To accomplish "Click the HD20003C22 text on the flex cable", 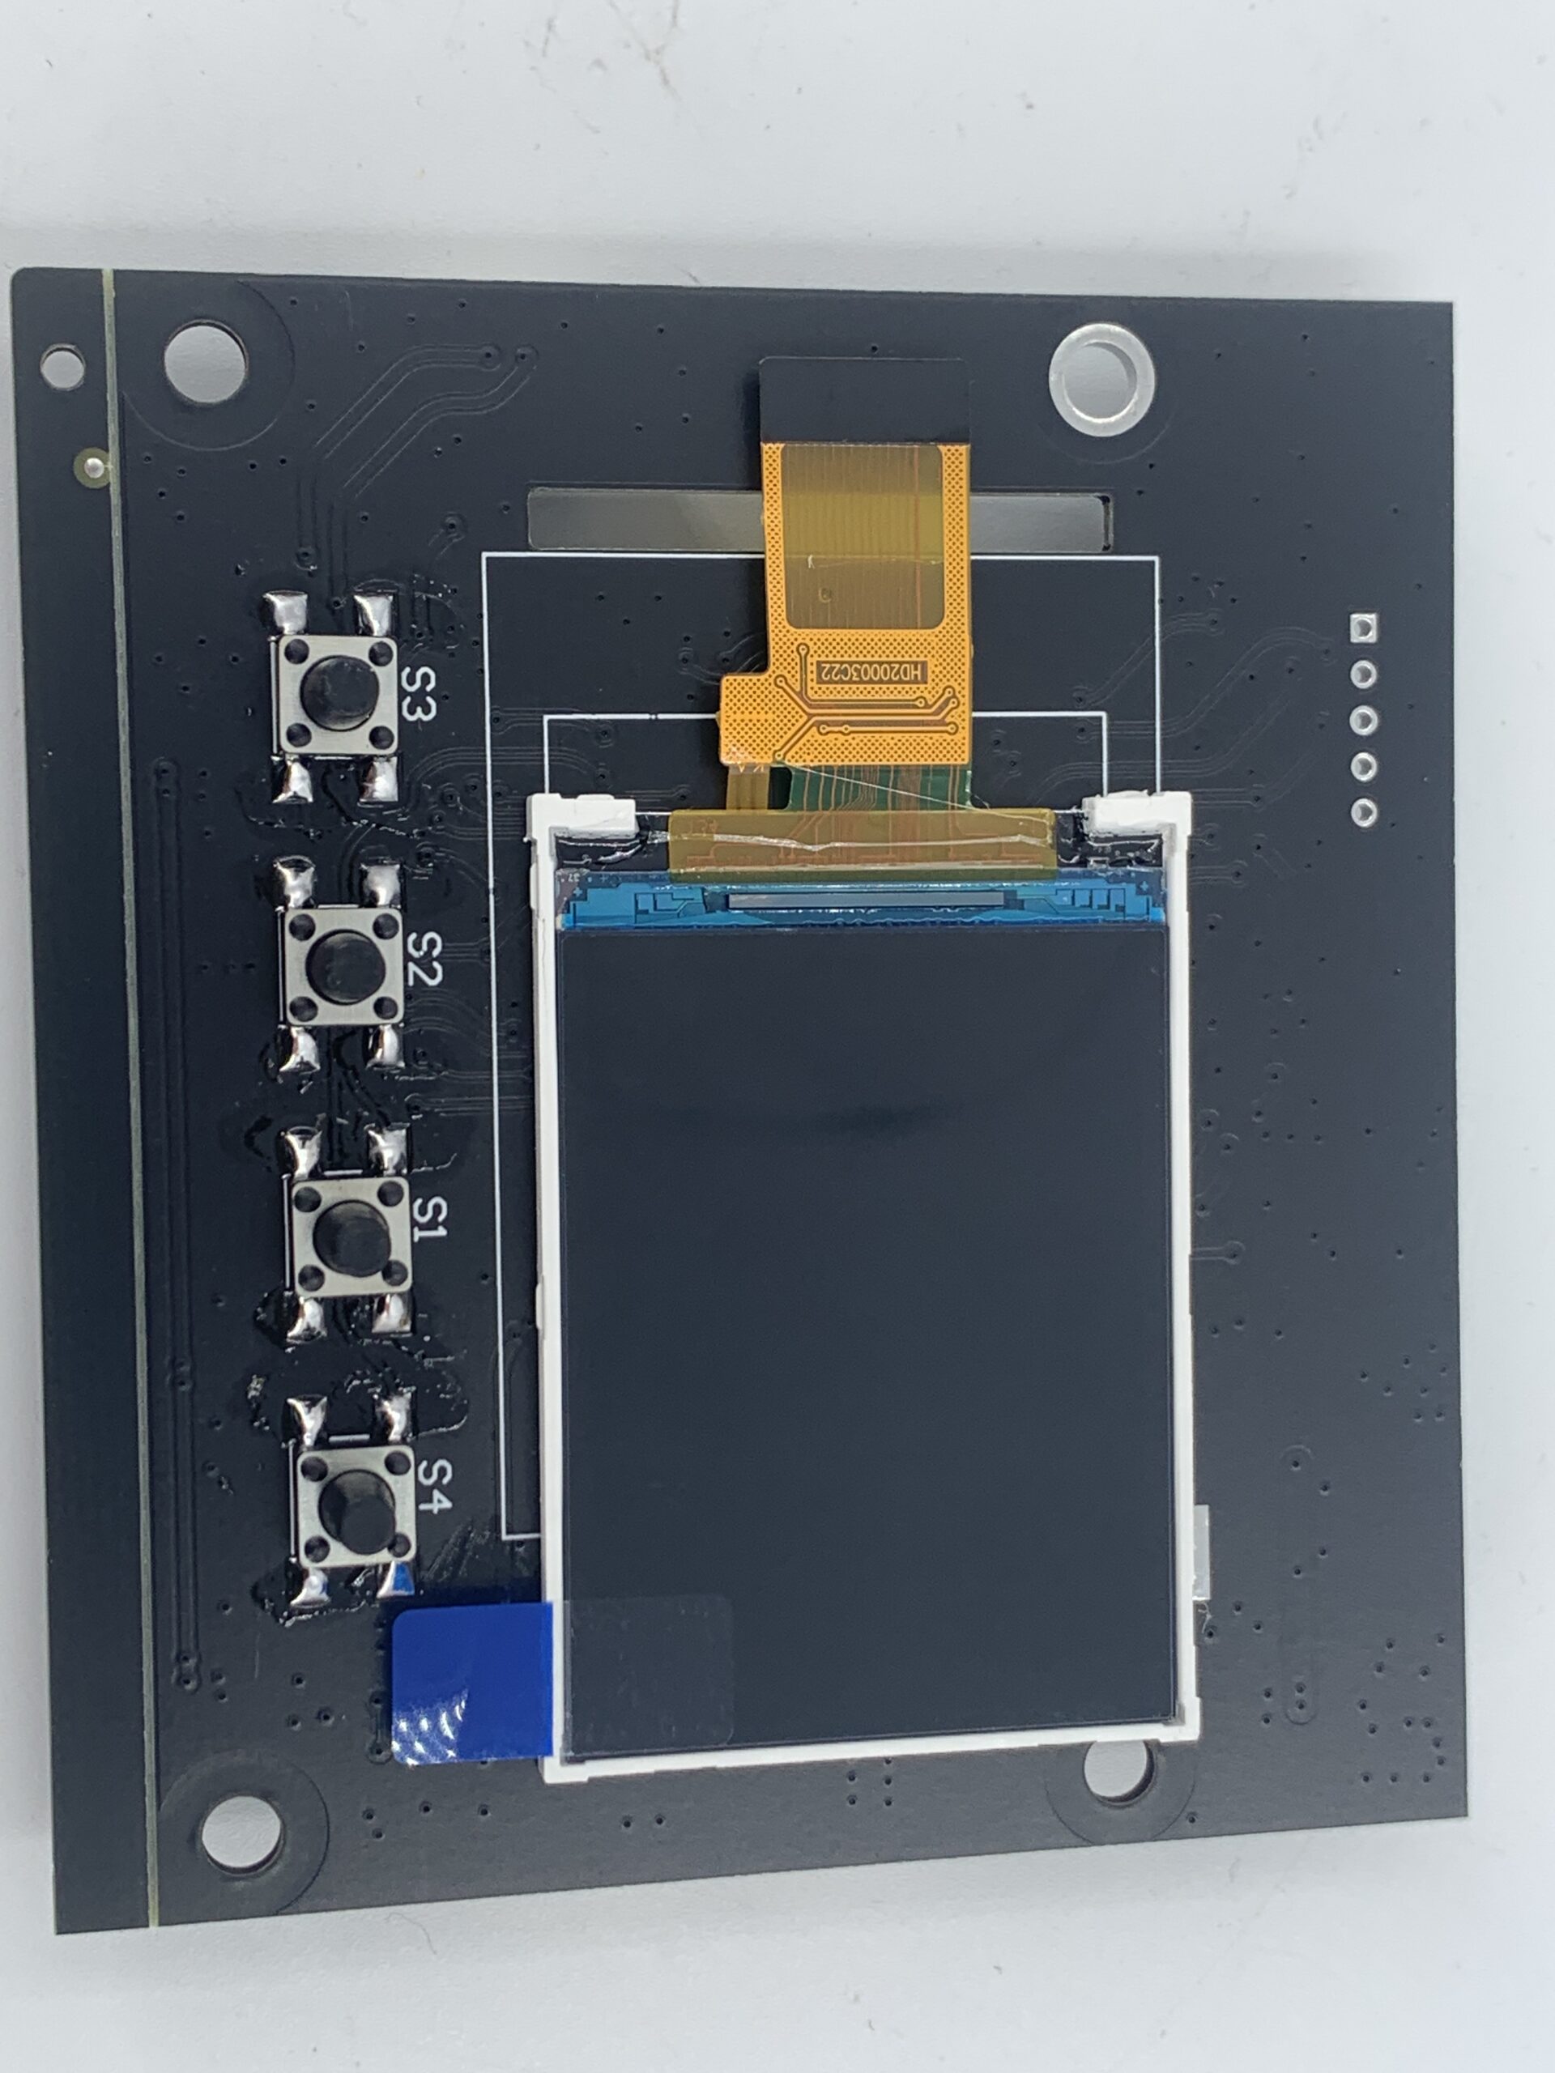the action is (871, 672).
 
